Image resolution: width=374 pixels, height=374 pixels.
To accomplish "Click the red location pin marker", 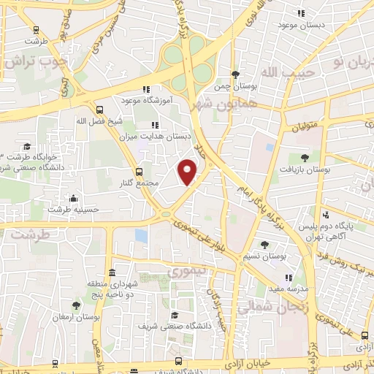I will pos(188,172).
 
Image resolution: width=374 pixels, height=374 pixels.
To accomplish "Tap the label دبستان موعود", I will pos(302,26).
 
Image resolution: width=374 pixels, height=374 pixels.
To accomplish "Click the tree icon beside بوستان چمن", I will pos(235,75).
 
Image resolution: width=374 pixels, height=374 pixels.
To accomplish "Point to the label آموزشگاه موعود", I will pos(146,101).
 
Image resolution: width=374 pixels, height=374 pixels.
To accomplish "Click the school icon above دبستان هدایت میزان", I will pos(154,125).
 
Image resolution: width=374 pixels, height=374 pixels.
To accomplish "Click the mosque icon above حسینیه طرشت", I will pos(73,197).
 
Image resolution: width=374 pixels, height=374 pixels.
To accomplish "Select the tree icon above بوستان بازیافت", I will pos(305,157).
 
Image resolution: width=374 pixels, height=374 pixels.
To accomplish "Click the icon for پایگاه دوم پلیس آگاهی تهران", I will pos(326,215).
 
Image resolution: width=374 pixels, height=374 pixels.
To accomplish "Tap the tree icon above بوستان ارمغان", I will pos(77,306).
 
